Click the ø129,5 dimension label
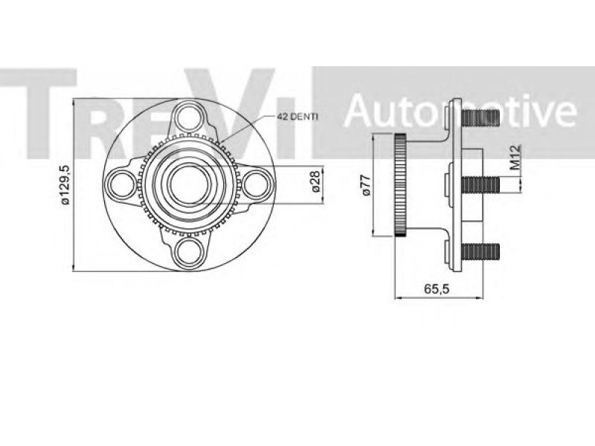(65, 185)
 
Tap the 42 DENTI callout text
(297, 117)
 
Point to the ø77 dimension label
(366, 184)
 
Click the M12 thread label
(515, 157)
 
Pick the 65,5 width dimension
(437, 289)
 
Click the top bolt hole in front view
(190, 117)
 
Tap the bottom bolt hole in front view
(190, 252)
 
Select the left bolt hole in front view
(122, 185)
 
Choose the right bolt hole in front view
(256, 185)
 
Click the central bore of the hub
(190, 184)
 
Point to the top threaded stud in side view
(480, 117)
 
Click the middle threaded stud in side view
(480, 184)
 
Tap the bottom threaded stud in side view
(480, 252)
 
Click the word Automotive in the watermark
(460, 110)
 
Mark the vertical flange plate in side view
(455, 184)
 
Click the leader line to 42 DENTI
(246, 129)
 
